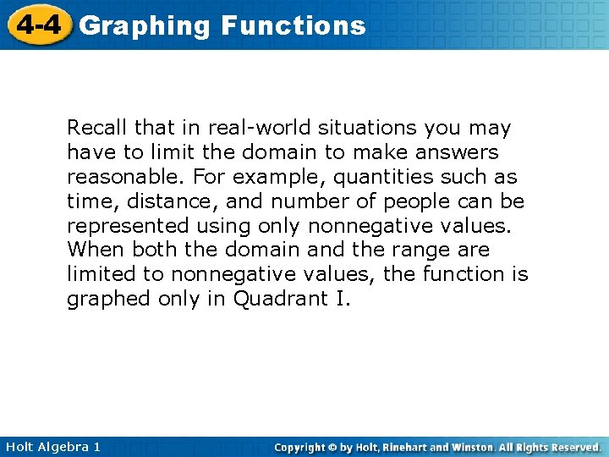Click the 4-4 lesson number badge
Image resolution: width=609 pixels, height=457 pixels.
[x=37, y=25]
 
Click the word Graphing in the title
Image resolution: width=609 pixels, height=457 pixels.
[x=144, y=26]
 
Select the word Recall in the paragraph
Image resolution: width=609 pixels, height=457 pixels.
[x=95, y=129]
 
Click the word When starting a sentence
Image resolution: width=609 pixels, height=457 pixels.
[x=93, y=251]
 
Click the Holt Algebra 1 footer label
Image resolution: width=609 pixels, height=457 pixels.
[x=52, y=446]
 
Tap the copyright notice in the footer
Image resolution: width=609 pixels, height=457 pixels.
[x=437, y=446]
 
